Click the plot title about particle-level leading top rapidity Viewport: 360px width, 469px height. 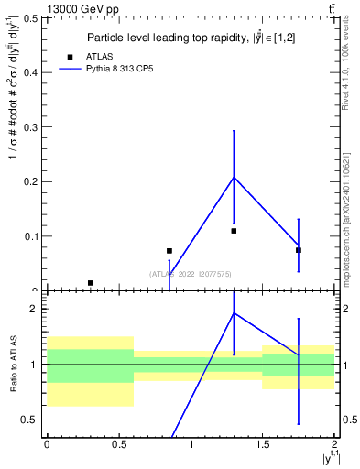[x=191, y=38]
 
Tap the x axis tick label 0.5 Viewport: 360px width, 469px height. [x=118, y=444]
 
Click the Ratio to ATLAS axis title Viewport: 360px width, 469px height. [x=14, y=365]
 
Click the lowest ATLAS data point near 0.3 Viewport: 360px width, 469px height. [x=90, y=283]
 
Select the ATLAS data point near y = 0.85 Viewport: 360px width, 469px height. [x=169, y=250]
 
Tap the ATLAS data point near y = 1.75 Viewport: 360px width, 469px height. [x=299, y=250]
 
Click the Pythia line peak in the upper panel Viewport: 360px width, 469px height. [x=234, y=177]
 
